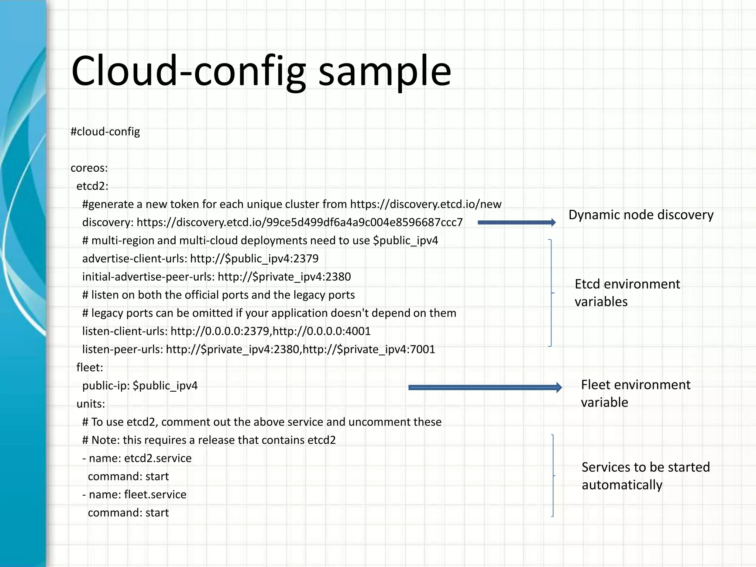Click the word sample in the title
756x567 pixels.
384,71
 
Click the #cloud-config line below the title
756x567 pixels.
105,131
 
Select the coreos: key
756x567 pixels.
89,168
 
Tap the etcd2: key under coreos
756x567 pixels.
92,186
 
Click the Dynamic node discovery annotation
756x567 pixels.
640,215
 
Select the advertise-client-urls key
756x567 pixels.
134,258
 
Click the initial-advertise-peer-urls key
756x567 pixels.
148,277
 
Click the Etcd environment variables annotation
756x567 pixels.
627,293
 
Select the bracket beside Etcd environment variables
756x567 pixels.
551,293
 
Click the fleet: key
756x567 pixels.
90,367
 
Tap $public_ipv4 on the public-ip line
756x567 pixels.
165,386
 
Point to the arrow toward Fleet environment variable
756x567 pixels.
485,387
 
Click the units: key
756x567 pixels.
90,404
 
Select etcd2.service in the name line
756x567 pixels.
158,458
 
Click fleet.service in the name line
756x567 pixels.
155,495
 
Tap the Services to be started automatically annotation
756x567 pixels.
645,476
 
